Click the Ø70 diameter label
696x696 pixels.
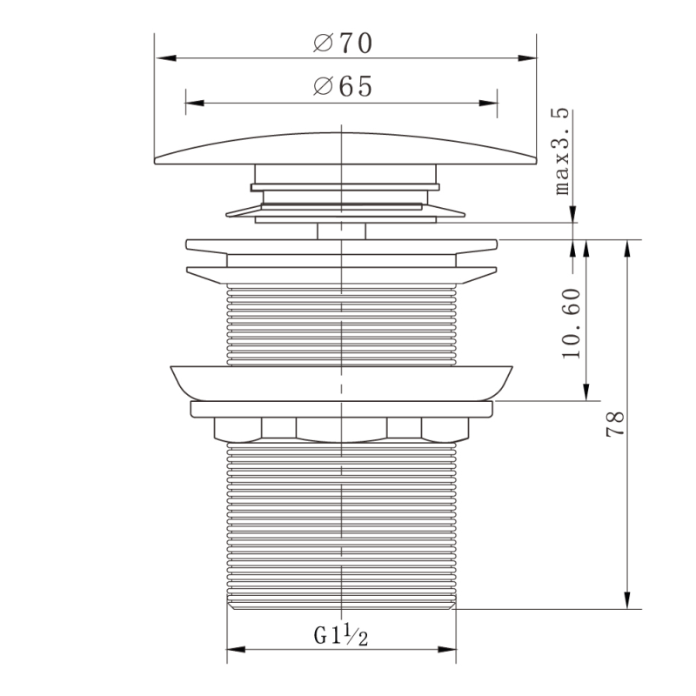[343, 43]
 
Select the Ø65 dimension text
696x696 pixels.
[343, 86]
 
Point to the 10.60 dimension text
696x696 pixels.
[572, 323]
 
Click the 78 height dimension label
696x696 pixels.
[615, 425]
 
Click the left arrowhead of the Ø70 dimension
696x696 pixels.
[165, 58]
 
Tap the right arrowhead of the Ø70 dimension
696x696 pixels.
[526, 58]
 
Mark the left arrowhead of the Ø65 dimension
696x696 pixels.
[195, 103]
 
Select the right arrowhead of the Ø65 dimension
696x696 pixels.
[488, 103]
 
